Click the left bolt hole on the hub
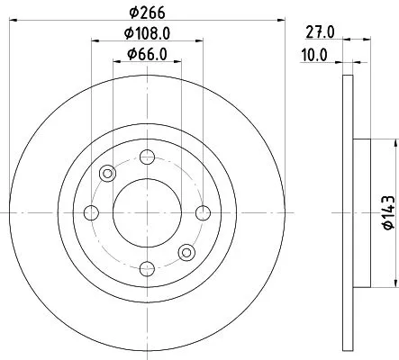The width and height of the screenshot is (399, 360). (91, 212)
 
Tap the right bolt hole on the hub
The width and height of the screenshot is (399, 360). (203, 212)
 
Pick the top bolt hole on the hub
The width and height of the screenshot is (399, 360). (147, 157)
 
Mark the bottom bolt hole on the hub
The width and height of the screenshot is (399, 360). (147, 268)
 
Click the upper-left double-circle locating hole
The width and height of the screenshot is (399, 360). (108, 174)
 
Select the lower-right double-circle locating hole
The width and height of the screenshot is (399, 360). (186, 252)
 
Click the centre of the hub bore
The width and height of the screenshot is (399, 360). (147, 212)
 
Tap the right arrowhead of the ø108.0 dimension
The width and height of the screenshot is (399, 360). (199, 40)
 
